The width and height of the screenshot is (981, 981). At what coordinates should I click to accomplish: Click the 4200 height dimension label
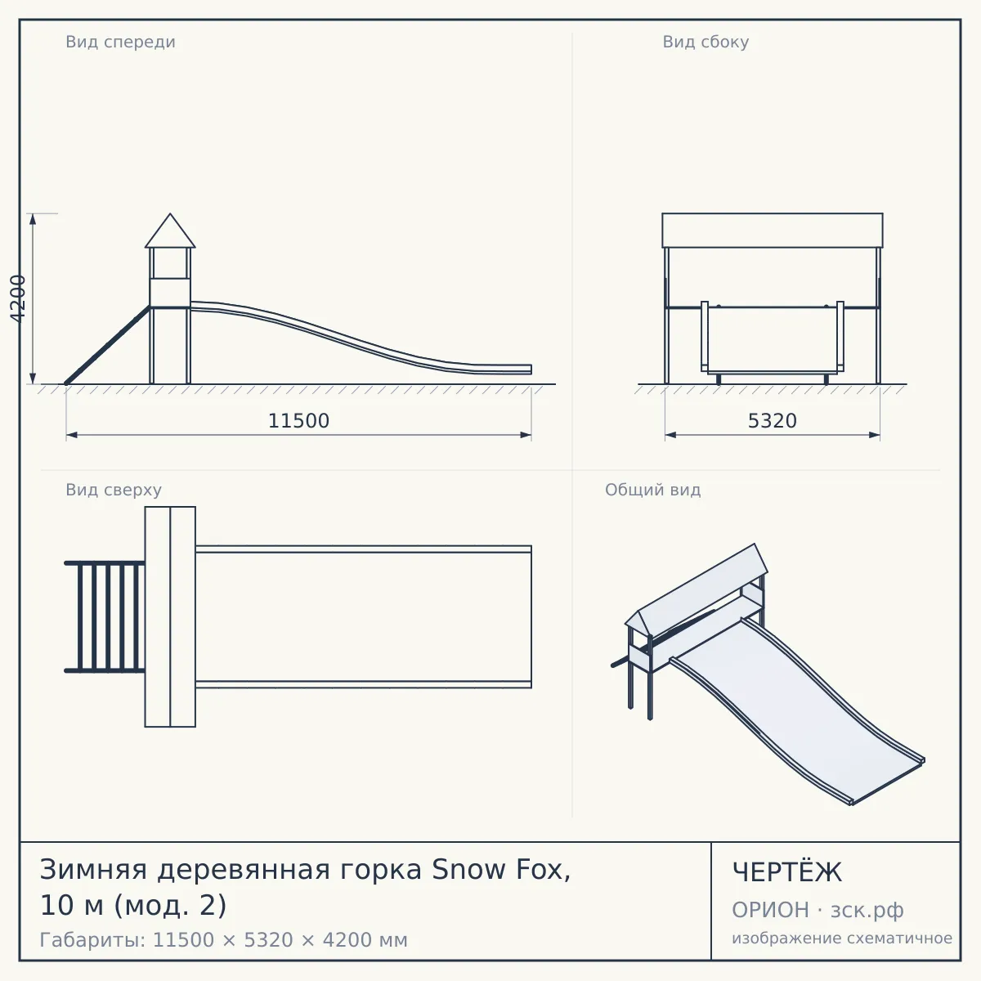point(18,298)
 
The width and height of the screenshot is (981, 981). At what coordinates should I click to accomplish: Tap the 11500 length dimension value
point(299,421)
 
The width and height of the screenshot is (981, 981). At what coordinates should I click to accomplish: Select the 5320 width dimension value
point(773,421)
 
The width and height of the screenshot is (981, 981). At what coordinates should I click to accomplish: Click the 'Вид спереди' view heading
point(121,42)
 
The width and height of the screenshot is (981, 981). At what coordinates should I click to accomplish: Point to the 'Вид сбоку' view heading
point(706,42)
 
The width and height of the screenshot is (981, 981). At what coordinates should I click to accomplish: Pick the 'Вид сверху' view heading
point(114,490)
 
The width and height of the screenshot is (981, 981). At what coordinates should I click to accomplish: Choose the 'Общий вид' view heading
point(652,490)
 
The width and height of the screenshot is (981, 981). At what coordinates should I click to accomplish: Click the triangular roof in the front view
point(170,231)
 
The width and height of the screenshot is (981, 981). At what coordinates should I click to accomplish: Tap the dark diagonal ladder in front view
point(108,345)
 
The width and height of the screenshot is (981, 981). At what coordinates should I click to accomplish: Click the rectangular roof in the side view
point(773,231)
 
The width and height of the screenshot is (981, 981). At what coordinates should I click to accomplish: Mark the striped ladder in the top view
point(105,617)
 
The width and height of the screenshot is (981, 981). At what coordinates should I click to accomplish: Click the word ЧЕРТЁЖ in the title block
point(787,872)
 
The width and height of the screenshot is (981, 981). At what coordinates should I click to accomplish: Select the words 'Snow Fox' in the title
point(501,870)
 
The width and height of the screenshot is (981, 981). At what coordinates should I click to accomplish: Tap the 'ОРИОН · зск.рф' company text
point(817,910)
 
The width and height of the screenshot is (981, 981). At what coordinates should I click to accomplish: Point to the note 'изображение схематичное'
point(842,938)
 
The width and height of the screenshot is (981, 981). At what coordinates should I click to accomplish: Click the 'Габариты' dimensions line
point(223,940)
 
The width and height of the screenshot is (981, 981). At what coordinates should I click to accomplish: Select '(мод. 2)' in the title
point(170,906)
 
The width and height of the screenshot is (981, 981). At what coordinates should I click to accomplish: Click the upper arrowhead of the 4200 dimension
point(33,219)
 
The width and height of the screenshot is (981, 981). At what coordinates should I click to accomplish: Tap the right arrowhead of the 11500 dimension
point(526,435)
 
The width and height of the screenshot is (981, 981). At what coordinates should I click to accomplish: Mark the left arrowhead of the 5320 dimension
point(670,435)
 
